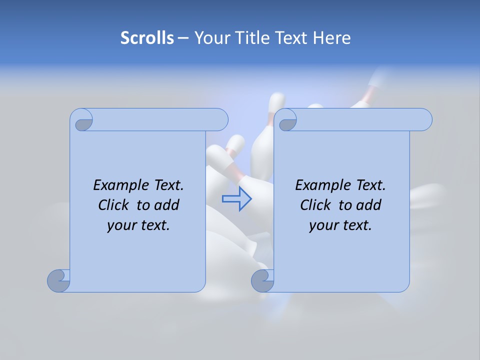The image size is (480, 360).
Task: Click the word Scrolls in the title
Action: (147, 38)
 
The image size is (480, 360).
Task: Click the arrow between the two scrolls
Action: (236, 198)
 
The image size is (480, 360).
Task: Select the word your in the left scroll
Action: (121, 225)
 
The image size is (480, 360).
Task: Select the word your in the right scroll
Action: (323, 225)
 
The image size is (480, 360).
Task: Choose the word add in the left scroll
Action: (166, 205)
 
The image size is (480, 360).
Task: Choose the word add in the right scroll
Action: (368, 205)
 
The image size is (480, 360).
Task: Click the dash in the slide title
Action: (183, 38)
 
